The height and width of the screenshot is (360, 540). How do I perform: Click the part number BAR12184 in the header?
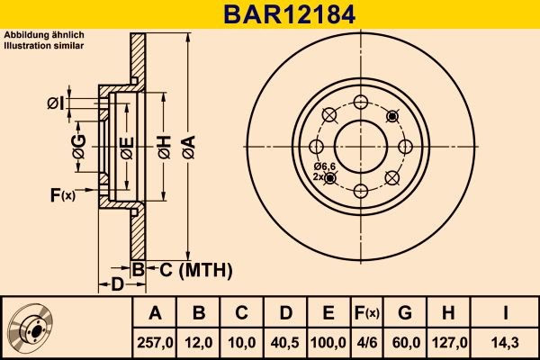pyautogui.click(x=269, y=14)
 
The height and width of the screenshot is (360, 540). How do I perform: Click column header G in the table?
pyautogui.click(x=405, y=313)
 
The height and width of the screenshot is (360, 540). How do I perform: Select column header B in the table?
pyautogui.click(x=199, y=313)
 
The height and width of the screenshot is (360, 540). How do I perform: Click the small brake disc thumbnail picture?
pyautogui.click(x=32, y=327)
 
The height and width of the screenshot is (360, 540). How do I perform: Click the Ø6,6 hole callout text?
pyautogui.click(x=325, y=167)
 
